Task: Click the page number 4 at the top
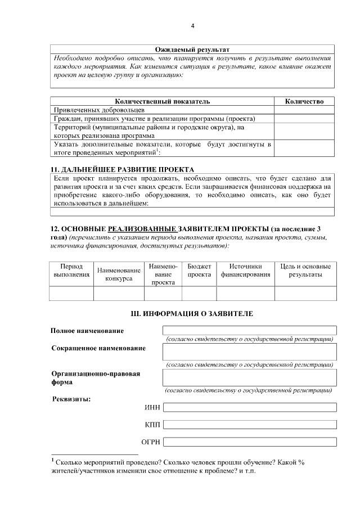[x=192, y=26]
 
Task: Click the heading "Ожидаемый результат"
[x=192, y=50]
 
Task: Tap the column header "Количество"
[x=304, y=101]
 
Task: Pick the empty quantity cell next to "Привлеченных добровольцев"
[x=304, y=110]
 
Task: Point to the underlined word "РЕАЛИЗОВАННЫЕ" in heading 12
[x=141, y=229]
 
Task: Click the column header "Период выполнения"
[x=71, y=271]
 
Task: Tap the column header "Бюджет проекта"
[x=199, y=271]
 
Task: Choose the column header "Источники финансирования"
[x=246, y=271]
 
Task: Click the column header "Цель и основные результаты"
[x=305, y=271]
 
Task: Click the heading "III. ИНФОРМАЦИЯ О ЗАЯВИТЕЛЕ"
[x=192, y=312]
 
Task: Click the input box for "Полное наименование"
[x=249, y=330]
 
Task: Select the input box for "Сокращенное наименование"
[x=249, y=352]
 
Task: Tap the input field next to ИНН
[x=249, y=407]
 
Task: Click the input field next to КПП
[x=249, y=425]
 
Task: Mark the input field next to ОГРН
[x=249, y=442]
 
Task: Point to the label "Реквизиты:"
[x=71, y=399]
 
